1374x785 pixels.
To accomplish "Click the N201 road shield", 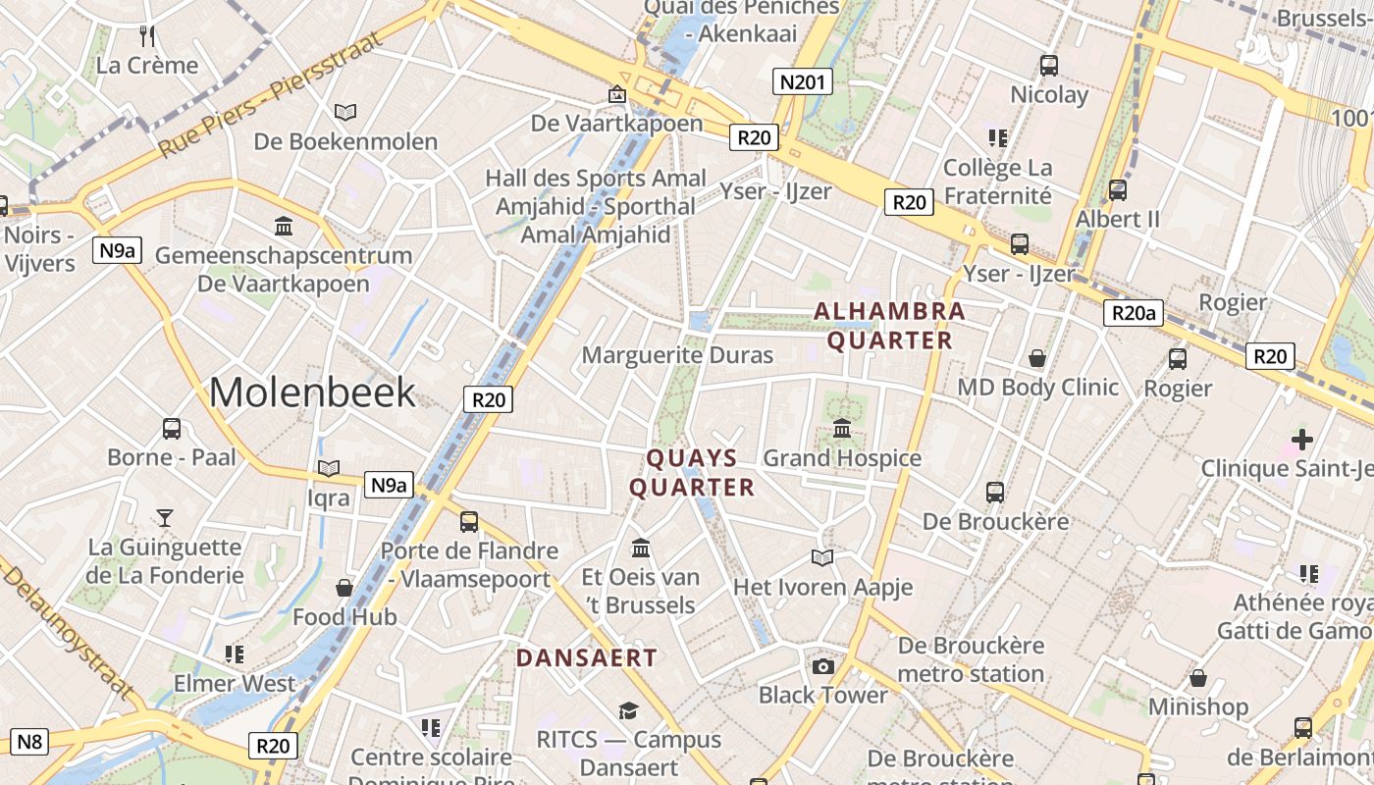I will click(802, 82).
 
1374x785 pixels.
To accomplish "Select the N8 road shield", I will click(29, 741).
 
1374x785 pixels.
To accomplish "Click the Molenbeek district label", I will click(312, 392).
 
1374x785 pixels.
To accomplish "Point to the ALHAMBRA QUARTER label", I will click(889, 326).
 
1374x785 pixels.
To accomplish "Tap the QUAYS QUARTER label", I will click(692, 473).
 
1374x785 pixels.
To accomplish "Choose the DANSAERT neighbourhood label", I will click(586, 658).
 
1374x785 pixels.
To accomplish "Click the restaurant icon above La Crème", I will click(147, 37).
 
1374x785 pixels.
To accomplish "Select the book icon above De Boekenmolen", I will click(345, 112).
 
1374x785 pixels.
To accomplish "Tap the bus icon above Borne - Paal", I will click(172, 429).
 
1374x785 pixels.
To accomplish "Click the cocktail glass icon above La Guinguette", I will click(165, 517).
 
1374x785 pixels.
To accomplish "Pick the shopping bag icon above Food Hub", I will click(344, 588).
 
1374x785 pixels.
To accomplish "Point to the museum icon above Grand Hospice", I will click(842, 429).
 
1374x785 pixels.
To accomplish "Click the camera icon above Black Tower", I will click(822, 667).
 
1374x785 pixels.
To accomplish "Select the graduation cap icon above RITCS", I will click(628, 710).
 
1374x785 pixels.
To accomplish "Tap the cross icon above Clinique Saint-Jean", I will click(1302, 440).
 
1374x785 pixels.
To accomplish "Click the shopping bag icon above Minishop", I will click(1197, 678).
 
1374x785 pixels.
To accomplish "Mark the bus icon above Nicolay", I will click(1049, 66).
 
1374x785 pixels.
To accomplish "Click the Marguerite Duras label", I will click(678, 355).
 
